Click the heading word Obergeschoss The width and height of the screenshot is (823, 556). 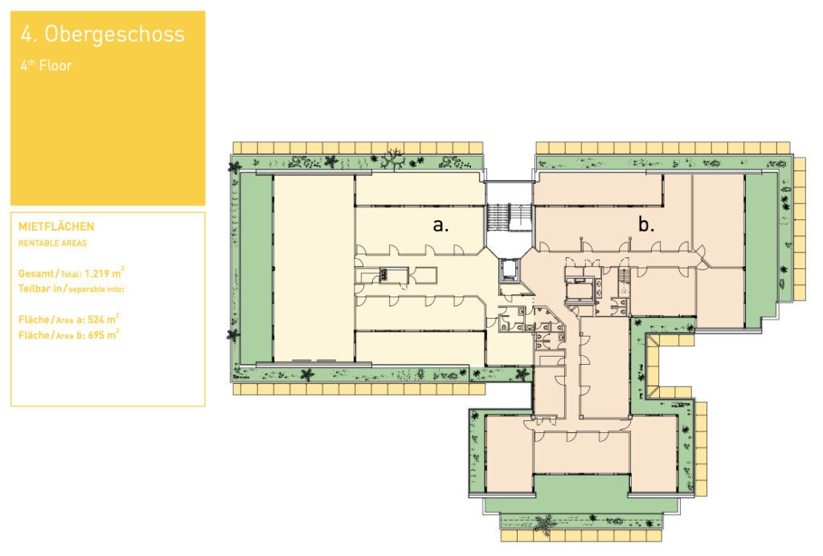pyautogui.click(x=114, y=35)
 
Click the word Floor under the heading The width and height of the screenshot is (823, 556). pyautogui.click(x=55, y=66)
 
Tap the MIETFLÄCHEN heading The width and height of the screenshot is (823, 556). pyautogui.click(x=56, y=227)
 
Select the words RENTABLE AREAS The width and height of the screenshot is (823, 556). pyautogui.click(x=52, y=243)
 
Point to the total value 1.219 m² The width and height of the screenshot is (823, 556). pyautogui.click(x=104, y=272)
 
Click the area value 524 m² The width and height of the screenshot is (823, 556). pyautogui.click(x=104, y=319)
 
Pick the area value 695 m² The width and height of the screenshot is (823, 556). pyautogui.click(x=104, y=335)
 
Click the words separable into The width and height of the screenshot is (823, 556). pyautogui.click(x=96, y=289)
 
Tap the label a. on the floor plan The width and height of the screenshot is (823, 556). pyautogui.click(x=440, y=225)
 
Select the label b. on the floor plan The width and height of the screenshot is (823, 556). pyautogui.click(x=646, y=225)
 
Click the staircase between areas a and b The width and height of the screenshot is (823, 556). pyautogui.click(x=508, y=217)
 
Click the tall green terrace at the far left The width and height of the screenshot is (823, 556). pyautogui.click(x=256, y=268)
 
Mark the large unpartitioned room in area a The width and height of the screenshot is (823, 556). pyautogui.click(x=314, y=268)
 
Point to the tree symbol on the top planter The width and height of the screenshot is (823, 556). pyautogui.click(x=392, y=158)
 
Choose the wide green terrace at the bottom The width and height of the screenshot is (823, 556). pyautogui.click(x=581, y=494)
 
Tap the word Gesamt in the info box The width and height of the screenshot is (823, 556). pyautogui.click(x=35, y=274)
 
